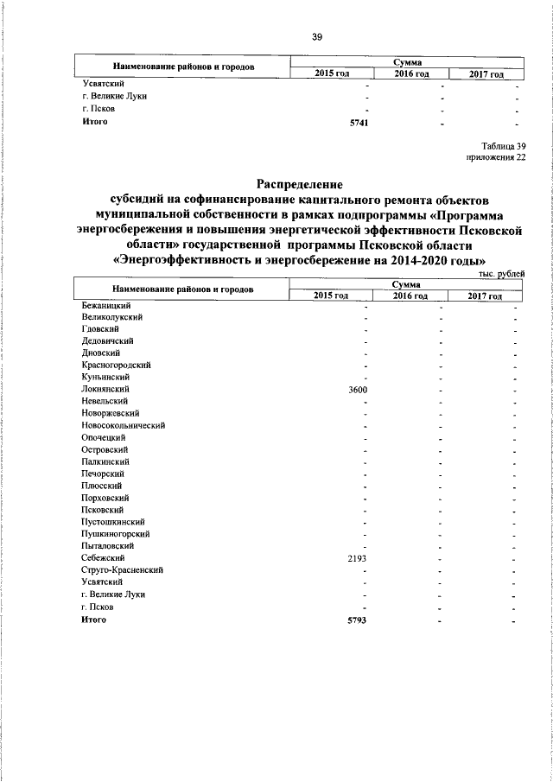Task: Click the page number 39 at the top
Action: coord(316,36)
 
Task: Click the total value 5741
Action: coord(359,123)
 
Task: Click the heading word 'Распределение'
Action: coord(299,184)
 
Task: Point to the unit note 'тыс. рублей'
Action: coord(501,273)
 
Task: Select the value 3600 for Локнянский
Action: coord(358,390)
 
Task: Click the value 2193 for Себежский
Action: coord(358,558)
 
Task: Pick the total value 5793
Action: coord(358,620)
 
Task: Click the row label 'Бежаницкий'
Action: coord(105,306)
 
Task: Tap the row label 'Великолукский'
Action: coord(111,318)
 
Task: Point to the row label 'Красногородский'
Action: coord(116,366)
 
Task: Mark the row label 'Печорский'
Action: coord(103,474)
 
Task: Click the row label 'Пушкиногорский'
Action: coord(115,534)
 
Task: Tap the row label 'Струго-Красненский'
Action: coord(122,570)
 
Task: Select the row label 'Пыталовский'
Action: coord(107,546)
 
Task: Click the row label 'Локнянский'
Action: coord(105,390)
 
